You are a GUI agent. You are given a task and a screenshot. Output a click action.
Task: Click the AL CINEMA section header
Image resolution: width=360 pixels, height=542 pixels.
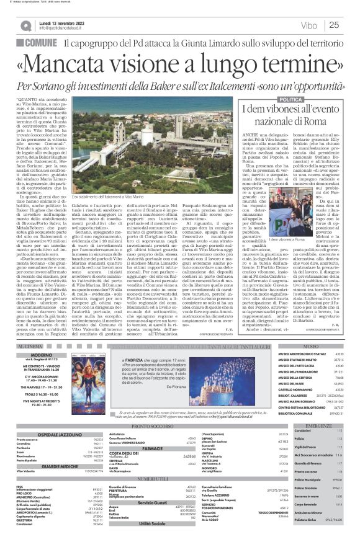32,345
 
